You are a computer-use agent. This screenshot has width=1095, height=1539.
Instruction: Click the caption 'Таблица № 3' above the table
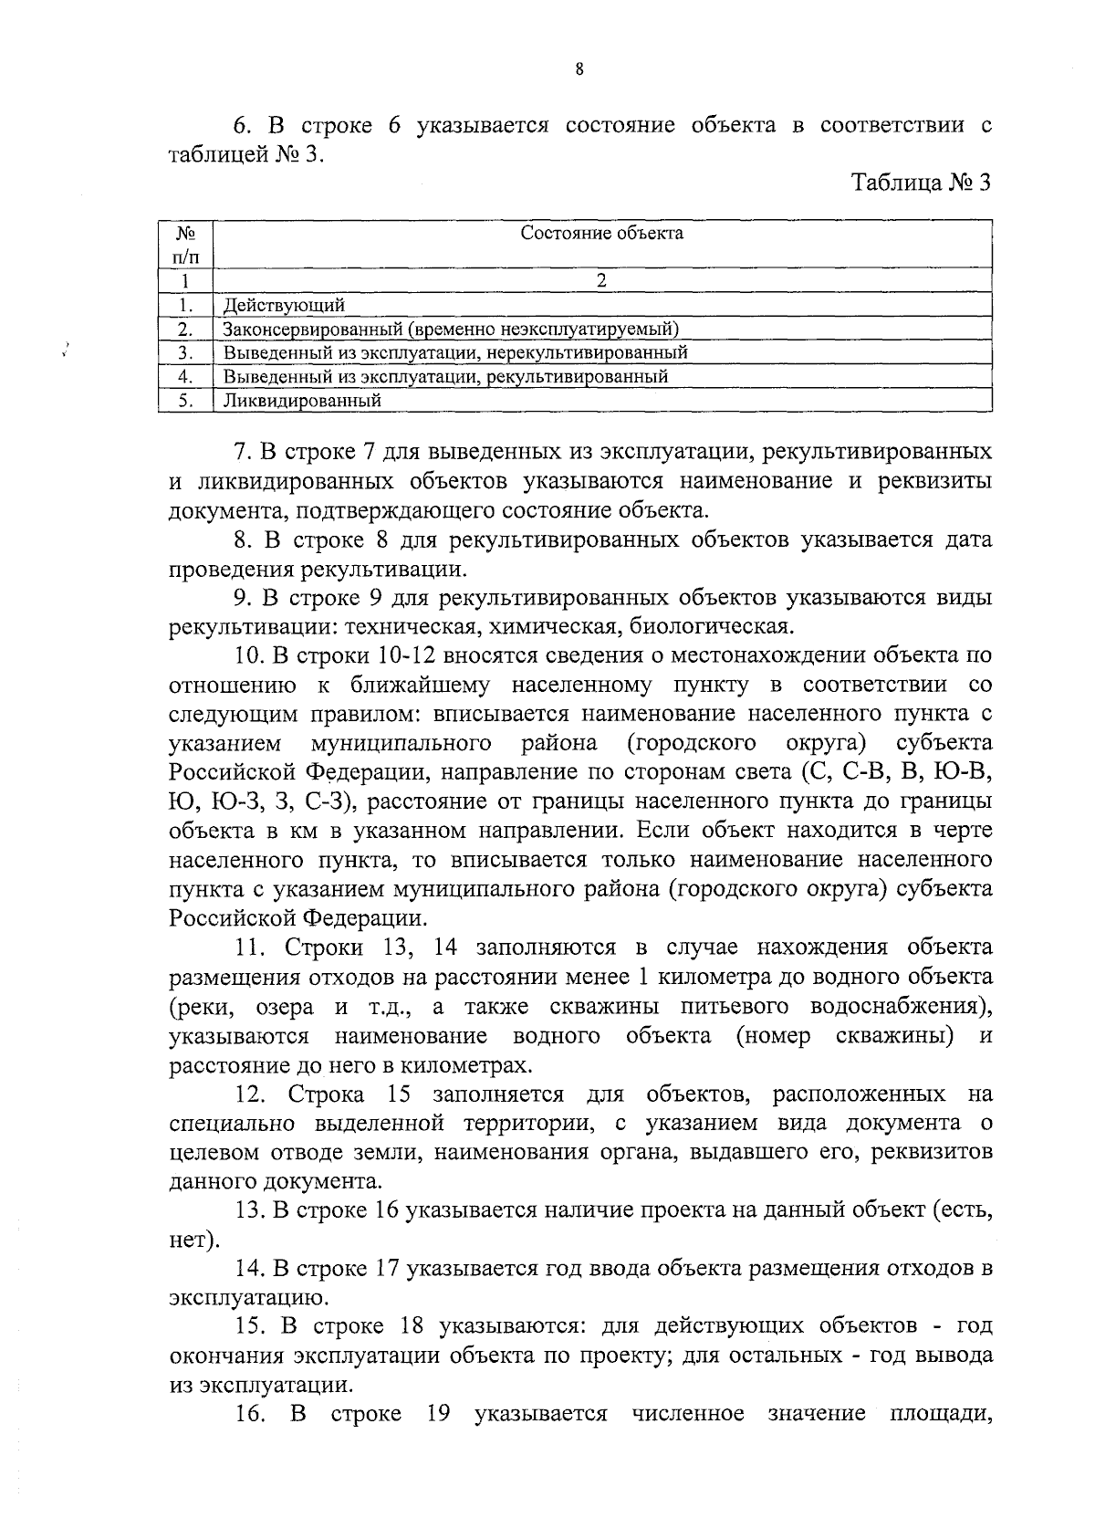point(921,183)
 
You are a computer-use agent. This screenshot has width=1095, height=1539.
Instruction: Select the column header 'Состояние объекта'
point(601,234)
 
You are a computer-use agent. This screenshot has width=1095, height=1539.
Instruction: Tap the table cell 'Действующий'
point(285,305)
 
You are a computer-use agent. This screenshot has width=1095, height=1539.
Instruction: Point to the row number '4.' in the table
point(184,376)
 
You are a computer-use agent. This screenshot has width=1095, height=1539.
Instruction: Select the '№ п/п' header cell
point(185,245)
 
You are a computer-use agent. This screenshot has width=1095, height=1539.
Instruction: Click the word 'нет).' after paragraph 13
point(193,1241)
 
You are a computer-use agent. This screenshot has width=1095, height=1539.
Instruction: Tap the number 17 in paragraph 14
point(387,1269)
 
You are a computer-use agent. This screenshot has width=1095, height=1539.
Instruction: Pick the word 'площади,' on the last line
point(940,1414)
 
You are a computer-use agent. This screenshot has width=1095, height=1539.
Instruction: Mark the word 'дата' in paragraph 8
point(965,539)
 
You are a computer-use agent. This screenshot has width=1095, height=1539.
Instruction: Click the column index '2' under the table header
point(601,281)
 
